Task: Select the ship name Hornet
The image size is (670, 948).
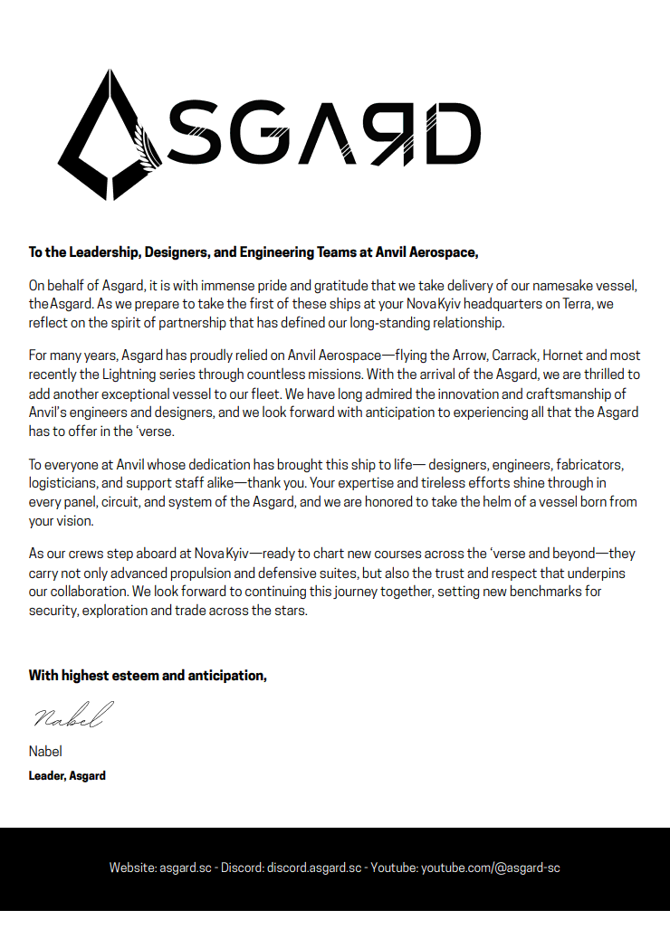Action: [560, 354]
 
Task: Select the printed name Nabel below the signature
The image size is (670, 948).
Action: [45, 752]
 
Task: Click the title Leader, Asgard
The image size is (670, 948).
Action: [67, 775]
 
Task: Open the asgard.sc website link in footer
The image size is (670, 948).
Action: [186, 867]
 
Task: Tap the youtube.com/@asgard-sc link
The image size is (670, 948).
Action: [490, 867]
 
